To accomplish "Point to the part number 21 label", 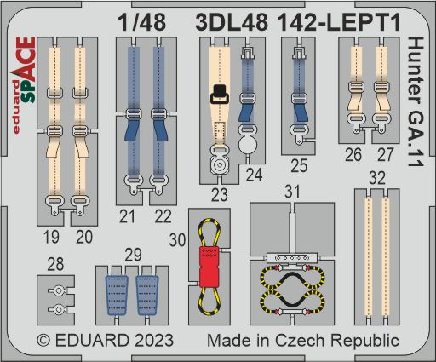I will [x=129, y=217].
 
